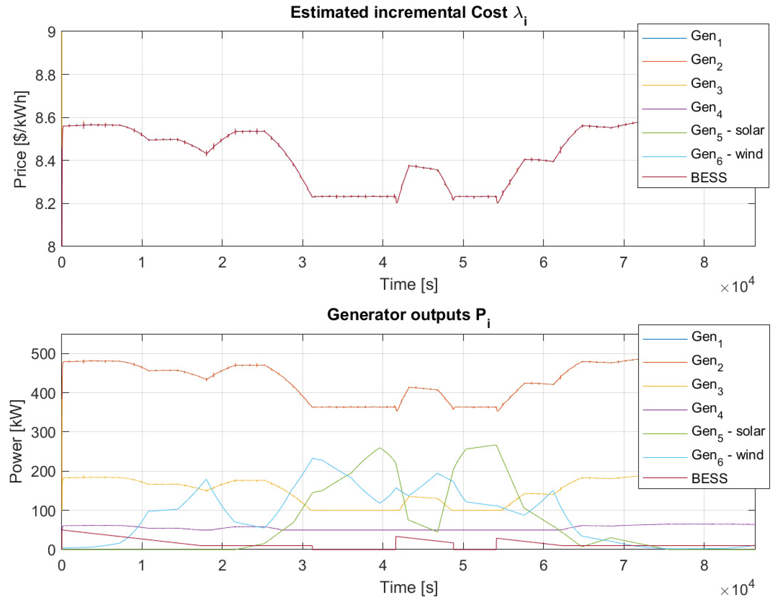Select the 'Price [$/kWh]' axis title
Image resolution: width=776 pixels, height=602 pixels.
(x=20, y=139)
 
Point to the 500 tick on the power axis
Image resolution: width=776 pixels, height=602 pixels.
(x=43, y=354)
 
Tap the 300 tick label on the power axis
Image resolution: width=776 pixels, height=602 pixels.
(x=43, y=433)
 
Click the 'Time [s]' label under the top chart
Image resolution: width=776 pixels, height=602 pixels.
(x=409, y=285)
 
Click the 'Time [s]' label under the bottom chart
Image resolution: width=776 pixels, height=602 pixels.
(x=409, y=587)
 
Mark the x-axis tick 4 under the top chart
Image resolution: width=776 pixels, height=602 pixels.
(x=383, y=263)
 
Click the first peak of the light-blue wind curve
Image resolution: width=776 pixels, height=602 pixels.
(x=206, y=479)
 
